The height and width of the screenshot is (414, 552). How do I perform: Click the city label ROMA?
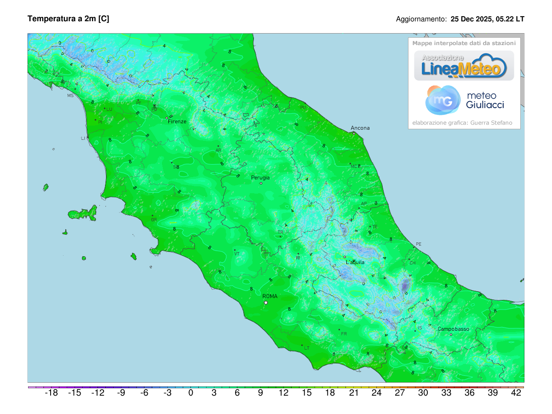(270, 296)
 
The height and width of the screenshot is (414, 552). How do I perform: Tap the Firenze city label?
(177, 121)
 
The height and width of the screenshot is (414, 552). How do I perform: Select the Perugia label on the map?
(260, 178)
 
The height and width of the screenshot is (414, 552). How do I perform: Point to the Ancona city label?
(360, 128)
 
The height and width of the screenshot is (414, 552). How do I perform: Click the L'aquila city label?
(355, 262)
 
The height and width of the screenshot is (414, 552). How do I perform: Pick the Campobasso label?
(453, 329)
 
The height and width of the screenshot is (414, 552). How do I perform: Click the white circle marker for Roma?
(266, 303)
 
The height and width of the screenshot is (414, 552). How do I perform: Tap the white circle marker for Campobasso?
(451, 335)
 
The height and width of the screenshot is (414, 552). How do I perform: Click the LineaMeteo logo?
(464, 66)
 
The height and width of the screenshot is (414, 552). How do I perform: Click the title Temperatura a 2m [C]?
(69, 19)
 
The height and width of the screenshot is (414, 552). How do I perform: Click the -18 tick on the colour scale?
(51, 393)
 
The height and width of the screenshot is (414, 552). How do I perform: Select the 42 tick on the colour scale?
(516, 393)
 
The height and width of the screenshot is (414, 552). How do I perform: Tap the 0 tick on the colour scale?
(190, 393)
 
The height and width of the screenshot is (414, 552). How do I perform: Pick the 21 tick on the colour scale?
(353, 393)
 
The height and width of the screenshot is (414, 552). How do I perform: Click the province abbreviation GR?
(154, 220)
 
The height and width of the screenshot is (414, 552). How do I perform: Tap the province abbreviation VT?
(237, 254)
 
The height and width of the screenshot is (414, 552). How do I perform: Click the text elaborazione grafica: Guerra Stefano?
(464, 123)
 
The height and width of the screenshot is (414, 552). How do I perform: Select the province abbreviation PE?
(418, 244)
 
